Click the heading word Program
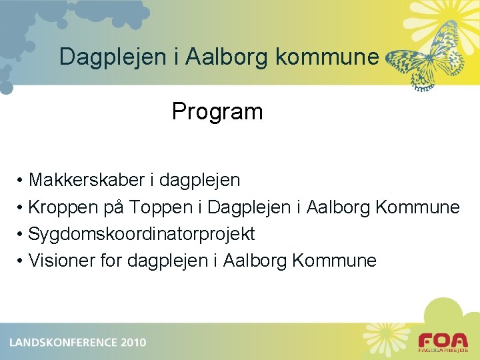point(217,111)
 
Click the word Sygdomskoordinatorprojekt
point(142,234)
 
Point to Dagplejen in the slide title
point(109,57)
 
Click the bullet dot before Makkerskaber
point(21,181)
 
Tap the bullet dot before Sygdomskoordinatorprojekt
point(21,235)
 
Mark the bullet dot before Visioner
point(21,261)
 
